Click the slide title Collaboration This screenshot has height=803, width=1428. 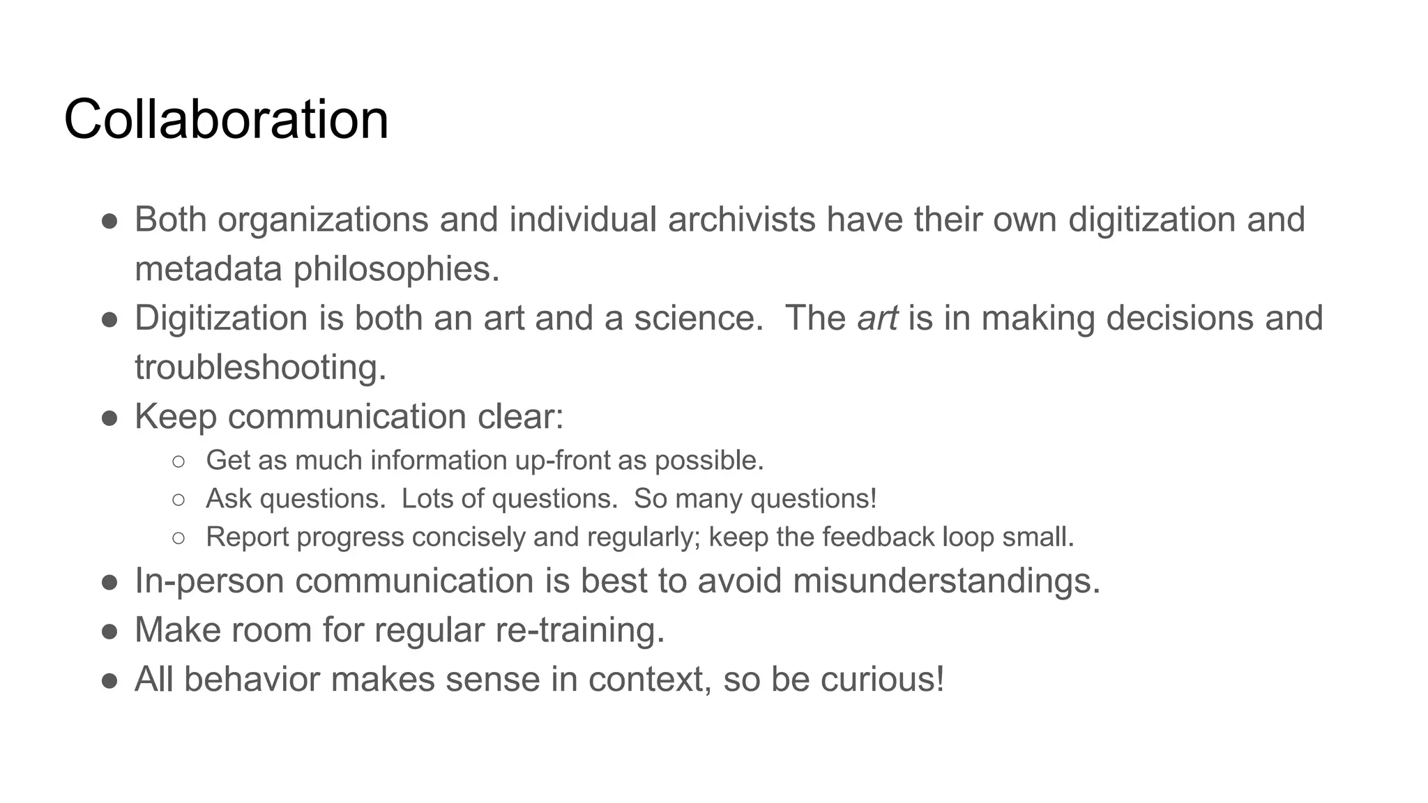coord(226,120)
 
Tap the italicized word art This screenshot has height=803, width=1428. coord(876,319)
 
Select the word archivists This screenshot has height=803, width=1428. coord(741,220)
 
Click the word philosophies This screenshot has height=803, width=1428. coord(396,270)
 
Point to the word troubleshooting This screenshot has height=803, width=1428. coord(260,368)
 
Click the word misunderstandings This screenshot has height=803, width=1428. coord(946,581)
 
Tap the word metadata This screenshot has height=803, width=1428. coord(208,270)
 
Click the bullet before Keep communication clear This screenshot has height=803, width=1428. coord(109,418)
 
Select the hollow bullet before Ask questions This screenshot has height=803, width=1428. coord(178,500)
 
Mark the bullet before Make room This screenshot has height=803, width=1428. coord(109,632)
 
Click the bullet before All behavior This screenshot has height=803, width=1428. coord(109,681)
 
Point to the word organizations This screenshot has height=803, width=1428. coord(323,221)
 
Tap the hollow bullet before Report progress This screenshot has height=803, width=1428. coord(178,538)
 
